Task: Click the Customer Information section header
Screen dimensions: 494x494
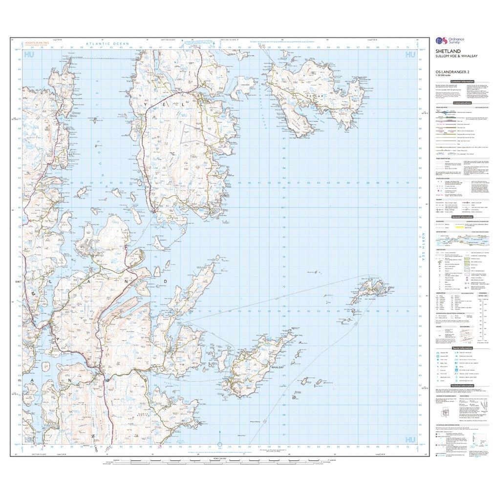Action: click(x=462, y=81)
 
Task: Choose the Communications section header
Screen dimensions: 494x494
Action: click(x=462, y=103)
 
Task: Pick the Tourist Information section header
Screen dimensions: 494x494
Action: click(x=462, y=348)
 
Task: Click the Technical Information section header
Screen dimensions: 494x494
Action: click(x=462, y=385)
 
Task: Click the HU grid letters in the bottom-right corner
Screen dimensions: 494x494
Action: click(x=409, y=440)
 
